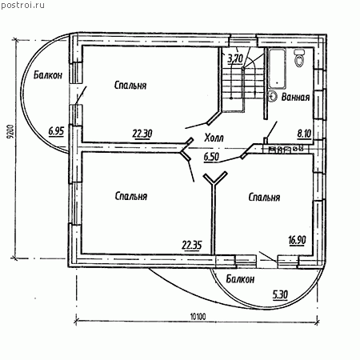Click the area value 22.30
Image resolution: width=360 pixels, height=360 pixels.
[142, 134]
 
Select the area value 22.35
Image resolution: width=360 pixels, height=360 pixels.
[192, 245]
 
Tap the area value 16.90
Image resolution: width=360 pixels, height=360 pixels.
[297, 240]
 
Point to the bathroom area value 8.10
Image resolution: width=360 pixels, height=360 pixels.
[304, 134]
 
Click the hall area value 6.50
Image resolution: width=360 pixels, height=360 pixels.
[211, 157]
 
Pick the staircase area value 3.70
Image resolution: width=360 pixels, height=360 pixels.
[235, 58]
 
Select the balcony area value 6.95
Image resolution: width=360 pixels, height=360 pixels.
[56, 131]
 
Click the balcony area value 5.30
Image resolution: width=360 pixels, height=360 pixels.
[280, 295]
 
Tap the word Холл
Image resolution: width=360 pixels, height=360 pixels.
[214, 138]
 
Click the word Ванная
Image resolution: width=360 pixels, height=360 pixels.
[295, 97]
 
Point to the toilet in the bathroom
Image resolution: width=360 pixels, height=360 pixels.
[300, 58]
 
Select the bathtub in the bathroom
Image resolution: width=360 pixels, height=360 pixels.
[278, 69]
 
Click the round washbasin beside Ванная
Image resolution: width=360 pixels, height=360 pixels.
[273, 97]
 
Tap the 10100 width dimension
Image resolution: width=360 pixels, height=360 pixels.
[198, 317]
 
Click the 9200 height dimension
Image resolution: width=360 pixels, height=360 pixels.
[10, 132]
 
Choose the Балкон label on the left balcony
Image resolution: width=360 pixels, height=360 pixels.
[48, 75]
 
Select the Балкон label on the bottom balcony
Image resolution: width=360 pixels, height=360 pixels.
[240, 279]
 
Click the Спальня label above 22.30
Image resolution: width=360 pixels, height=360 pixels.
[130, 86]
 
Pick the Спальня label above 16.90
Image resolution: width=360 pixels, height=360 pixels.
[264, 198]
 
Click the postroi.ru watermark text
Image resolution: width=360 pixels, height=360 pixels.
[22, 6]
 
